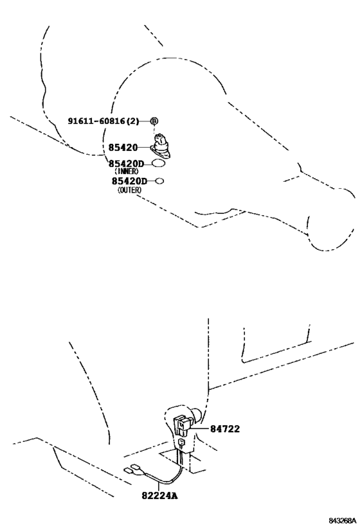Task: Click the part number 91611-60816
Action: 96,121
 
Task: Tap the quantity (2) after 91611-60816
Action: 132,121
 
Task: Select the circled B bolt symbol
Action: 154,121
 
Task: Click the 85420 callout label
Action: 123,147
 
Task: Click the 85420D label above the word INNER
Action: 126,164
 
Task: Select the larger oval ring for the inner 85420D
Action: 159,164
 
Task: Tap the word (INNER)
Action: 126,171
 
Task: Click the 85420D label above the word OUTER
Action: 129,181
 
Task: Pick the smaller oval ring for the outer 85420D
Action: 160,181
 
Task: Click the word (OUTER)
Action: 129,190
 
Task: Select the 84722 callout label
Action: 225,429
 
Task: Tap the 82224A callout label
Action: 159,495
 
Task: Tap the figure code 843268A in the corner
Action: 342,520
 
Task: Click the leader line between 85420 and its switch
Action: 145,147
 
